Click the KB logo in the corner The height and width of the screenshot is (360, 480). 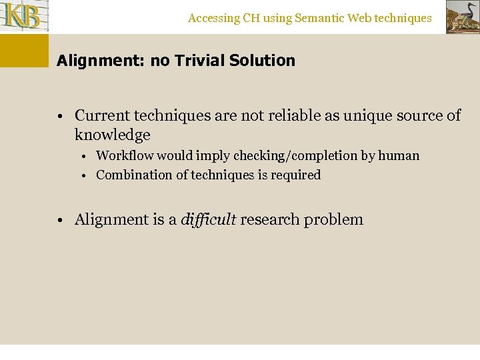[x=25, y=17]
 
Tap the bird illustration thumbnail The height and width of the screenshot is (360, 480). [x=462, y=17]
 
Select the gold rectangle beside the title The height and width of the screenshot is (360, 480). [x=25, y=51]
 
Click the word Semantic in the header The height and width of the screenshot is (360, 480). [x=319, y=18]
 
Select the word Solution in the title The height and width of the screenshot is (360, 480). [x=262, y=61]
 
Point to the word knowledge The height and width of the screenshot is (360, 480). [x=112, y=135]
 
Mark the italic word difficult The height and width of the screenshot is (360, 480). [x=208, y=219]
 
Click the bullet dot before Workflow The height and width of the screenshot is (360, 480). [x=87, y=157]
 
